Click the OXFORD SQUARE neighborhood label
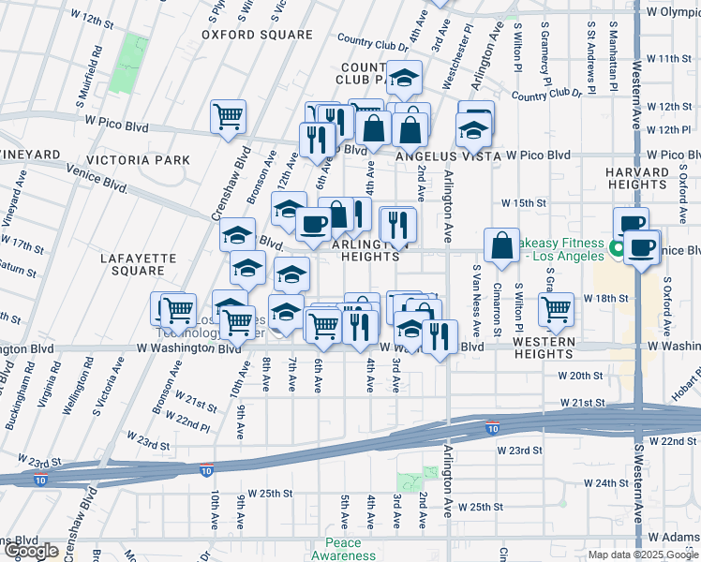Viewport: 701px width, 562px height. (257, 35)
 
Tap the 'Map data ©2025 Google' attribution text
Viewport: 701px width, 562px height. (642, 555)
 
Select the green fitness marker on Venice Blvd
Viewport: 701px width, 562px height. (616, 248)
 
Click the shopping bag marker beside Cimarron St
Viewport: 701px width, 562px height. (502, 245)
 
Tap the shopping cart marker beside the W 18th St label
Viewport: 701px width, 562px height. (557, 309)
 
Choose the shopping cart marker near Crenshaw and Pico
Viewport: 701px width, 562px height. (228, 117)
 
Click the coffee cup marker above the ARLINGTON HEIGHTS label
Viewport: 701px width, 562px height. (313, 224)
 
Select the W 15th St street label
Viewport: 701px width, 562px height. (523, 202)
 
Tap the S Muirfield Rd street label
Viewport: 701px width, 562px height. (96, 66)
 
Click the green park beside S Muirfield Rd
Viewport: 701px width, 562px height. (128, 64)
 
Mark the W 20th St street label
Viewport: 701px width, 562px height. (579, 375)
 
